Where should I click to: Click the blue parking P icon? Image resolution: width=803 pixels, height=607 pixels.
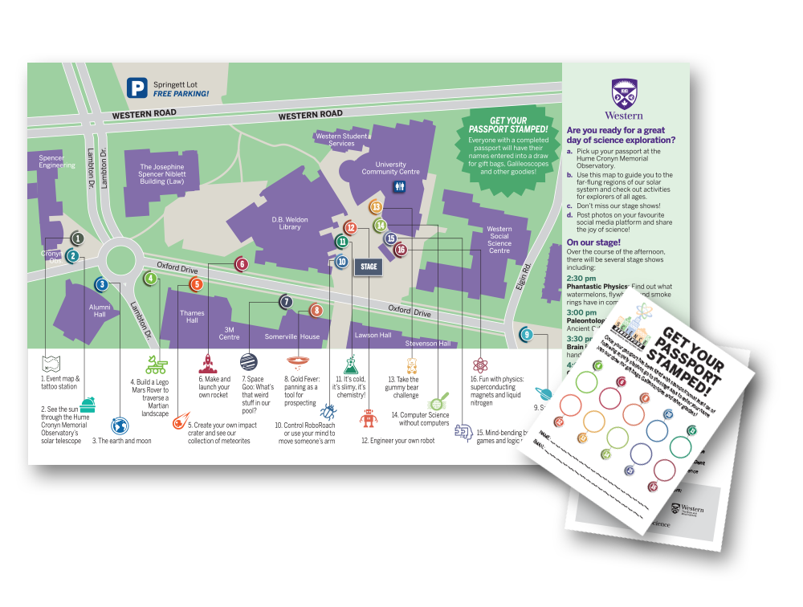[x=138, y=88]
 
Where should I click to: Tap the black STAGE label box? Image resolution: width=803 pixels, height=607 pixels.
[x=369, y=268]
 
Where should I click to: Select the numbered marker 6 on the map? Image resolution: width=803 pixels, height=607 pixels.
[x=241, y=263]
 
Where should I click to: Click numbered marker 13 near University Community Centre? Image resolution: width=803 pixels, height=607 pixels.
[x=376, y=207]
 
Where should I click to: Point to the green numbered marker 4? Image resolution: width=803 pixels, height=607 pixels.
[x=150, y=279]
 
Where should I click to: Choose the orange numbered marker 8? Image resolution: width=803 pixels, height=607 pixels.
[x=316, y=310]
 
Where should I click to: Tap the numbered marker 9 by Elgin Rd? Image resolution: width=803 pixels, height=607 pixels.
[x=527, y=334]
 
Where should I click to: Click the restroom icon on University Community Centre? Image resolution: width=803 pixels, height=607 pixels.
[x=400, y=185]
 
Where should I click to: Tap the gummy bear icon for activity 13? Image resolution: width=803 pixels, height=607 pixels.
[x=412, y=366]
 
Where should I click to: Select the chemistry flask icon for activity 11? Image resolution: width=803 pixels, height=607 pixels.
[x=350, y=364]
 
